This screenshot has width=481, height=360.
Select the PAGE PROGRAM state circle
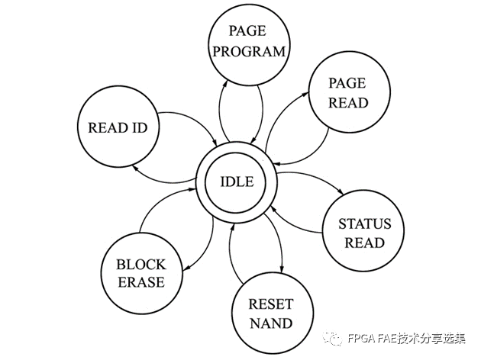[248, 42]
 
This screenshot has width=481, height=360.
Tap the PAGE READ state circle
[347, 92]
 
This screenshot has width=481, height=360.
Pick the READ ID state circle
[118, 127]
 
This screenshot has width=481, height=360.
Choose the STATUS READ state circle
[364, 233]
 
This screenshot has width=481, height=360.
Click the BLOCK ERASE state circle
[140, 273]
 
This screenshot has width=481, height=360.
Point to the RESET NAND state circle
[270, 313]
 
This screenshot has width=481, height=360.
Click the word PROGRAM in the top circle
[248, 52]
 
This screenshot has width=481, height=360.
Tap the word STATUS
[364, 224]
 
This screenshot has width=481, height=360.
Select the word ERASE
[140, 283]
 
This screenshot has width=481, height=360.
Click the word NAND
[270, 323]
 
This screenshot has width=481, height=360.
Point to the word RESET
[270, 304]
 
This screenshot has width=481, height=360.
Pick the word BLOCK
[140, 265]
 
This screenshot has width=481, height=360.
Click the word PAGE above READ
[347, 82]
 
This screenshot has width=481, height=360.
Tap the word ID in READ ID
[139, 127]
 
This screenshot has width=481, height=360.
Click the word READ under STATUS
[364, 243]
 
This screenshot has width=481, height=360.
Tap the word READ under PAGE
[347, 101]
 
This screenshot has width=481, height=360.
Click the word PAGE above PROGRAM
[248, 32]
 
